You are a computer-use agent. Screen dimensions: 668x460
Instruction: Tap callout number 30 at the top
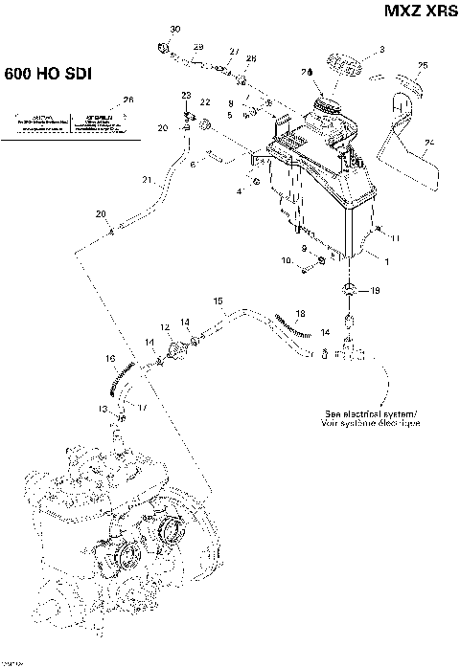coord(174,31)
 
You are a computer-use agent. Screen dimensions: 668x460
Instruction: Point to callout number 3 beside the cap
coord(381,49)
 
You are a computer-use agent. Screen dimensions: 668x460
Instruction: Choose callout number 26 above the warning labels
coord(128,100)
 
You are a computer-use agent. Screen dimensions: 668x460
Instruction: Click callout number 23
coord(186,95)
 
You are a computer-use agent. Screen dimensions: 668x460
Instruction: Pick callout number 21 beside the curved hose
coord(147,179)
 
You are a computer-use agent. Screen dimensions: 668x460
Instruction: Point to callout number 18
coord(300,314)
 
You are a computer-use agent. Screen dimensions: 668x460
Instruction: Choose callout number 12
coord(165,327)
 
